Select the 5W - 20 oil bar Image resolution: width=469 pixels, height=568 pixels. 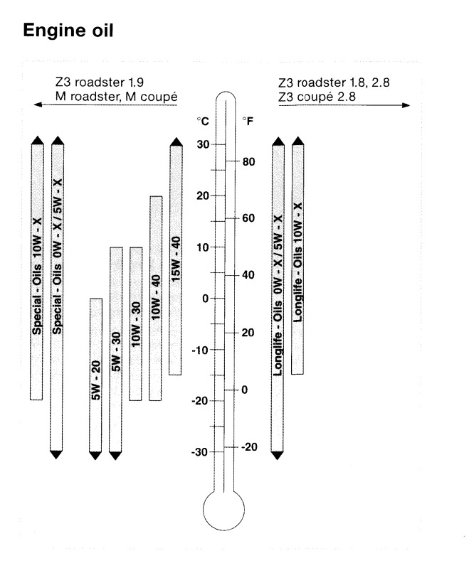tap(95, 377)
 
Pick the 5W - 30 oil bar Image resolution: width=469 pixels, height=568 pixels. tap(116, 348)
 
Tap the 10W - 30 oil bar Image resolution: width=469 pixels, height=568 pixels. tap(136, 323)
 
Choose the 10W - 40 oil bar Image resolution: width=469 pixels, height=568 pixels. tap(156, 299)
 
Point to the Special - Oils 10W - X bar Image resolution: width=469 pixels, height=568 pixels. tap(37, 270)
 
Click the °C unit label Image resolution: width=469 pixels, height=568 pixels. tap(203, 122)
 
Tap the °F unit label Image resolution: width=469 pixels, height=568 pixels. tap(247, 122)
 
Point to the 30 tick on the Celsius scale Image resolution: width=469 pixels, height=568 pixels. tap(203, 145)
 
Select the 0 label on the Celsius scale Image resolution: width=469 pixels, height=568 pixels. tap(205, 299)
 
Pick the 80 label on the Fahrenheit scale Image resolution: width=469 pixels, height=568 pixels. tap(248, 161)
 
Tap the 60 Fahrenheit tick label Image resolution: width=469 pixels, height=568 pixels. tap(248, 218)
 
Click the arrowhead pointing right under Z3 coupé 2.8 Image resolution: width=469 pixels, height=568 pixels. tap(406, 105)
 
